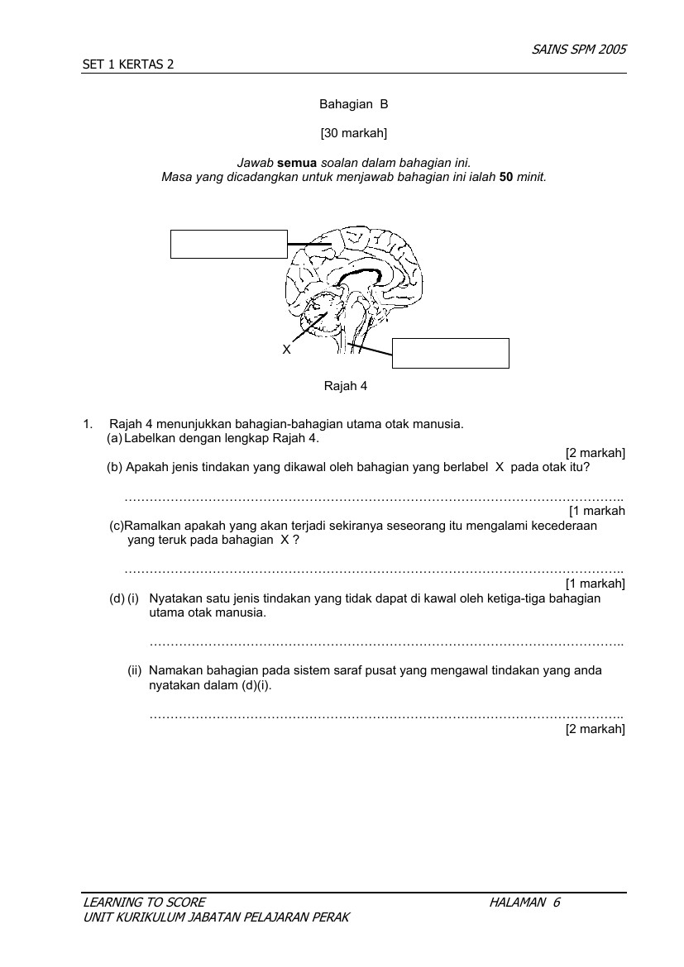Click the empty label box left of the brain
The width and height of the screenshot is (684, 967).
[x=229, y=244]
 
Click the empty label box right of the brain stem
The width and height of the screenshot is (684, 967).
[x=451, y=354]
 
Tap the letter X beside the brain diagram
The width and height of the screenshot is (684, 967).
[x=286, y=350]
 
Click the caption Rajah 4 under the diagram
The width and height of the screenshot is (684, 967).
[x=346, y=386]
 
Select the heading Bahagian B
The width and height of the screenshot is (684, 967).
[x=354, y=104]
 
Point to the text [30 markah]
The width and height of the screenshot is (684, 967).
[x=354, y=132]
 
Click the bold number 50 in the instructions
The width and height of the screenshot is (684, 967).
[x=506, y=177]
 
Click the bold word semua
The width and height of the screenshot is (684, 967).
[x=297, y=163]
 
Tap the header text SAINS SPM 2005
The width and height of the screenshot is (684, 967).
[x=579, y=50]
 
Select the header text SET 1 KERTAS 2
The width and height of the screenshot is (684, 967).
[x=128, y=64]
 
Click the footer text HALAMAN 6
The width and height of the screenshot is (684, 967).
[x=524, y=903]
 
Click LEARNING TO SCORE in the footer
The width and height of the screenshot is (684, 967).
[x=144, y=903]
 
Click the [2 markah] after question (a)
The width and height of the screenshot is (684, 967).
[x=596, y=453]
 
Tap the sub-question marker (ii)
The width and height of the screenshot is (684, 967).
[x=135, y=670]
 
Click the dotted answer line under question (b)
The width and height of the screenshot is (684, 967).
[x=374, y=499]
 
